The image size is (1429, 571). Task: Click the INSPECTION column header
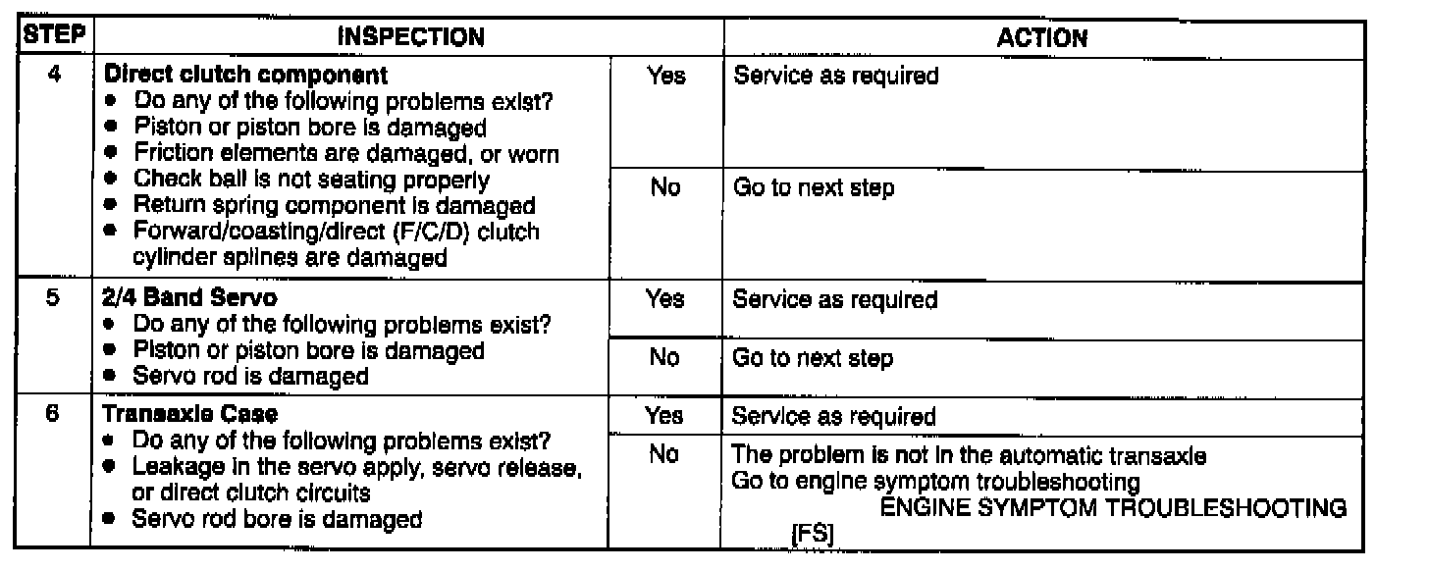pos(410,38)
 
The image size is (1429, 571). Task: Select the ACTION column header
pos(1042,38)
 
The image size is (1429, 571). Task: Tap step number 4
pos(55,75)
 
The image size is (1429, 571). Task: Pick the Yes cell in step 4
pos(666,76)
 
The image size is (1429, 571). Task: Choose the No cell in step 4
pos(665,187)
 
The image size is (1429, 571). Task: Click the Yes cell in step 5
pos(665,299)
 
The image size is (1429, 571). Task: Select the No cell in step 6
pos(664,456)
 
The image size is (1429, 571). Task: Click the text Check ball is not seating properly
pos(311,180)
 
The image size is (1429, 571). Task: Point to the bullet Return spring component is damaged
pos(334,206)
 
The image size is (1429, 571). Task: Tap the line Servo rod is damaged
pos(250,376)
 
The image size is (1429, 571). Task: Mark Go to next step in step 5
pos(814,358)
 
